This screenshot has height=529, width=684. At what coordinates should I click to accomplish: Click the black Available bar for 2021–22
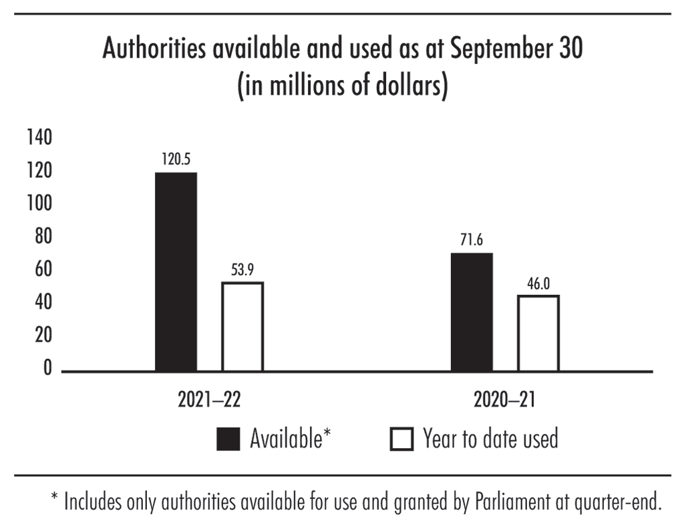176,272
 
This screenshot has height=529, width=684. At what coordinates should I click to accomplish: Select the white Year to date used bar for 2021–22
242,326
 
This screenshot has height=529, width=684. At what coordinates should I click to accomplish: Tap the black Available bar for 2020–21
472,312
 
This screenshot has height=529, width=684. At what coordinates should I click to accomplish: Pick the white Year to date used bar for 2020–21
538,333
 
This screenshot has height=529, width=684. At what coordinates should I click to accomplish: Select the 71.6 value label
472,241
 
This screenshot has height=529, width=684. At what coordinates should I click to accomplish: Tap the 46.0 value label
538,284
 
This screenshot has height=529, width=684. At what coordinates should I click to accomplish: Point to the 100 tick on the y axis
39,203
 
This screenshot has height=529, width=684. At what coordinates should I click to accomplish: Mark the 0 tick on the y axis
47,368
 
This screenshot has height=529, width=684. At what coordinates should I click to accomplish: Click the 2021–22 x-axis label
209,401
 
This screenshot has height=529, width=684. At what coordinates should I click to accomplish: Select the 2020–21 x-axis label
504,401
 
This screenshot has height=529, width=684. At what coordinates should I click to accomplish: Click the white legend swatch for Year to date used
401,439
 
